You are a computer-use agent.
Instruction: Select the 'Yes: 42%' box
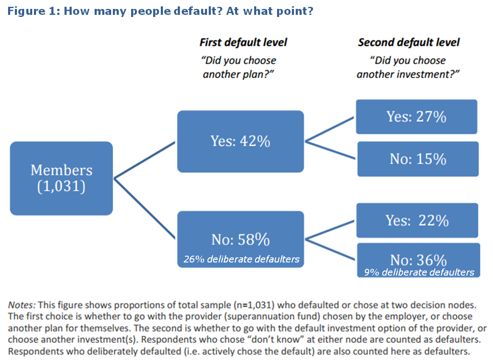click(241, 141)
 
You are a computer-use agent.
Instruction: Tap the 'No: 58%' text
click(241, 240)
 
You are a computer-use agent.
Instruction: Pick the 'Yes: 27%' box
click(417, 117)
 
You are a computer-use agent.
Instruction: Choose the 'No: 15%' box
click(418, 159)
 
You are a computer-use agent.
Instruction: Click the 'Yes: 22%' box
click(417, 220)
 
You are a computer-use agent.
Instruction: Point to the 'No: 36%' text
click(418, 260)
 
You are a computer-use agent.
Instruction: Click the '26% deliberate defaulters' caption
click(241, 259)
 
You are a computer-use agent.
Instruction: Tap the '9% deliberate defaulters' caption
click(419, 272)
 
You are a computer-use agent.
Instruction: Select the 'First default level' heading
click(244, 42)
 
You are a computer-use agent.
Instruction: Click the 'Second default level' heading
click(409, 42)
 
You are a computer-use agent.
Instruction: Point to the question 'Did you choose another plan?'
click(238, 67)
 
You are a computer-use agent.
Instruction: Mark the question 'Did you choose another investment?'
click(408, 67)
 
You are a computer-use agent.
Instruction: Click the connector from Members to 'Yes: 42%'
click(144, 160)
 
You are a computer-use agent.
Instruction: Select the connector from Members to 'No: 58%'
click(144, 209)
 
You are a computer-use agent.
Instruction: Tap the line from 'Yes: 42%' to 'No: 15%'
click(330, 150)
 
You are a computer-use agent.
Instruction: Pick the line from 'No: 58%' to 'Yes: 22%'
click(330, 230)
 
